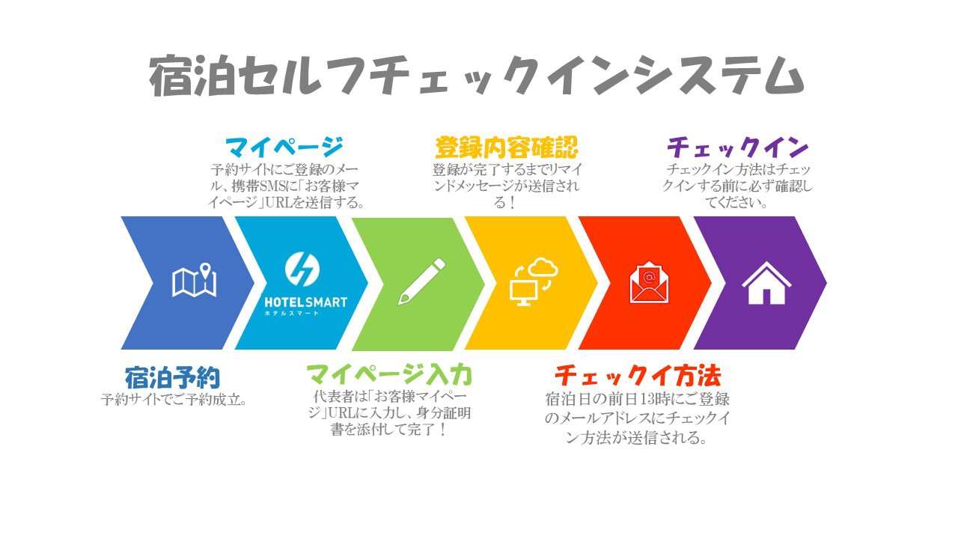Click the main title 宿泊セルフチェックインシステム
pyautogui.click(x=477, y=76)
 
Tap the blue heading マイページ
pyautogui.click(x=284, y=147)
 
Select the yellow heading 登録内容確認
pyautogui.click(x=507, y=147)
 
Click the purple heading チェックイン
pyautogui.click(x=738, y=147)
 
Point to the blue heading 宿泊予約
pyautogui.click(x=172, y=378)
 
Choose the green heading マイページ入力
pyautogui.click(x=389, y=375)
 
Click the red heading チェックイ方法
pyautogui.click(x=638, y=376)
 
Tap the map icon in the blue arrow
pyautogui.click(x=194, y=280)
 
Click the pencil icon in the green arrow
pyautogui.click(x=421, y=281)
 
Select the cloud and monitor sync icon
pyautogui.click(x=534, y=281)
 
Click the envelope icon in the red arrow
pyautogui.click(x=649, y=281)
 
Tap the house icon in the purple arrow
pyautogui.click(x=766, y=283)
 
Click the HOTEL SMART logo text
pyautogui.click(x=306, y=302)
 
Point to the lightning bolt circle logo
pyautogui.click(x=302, y=269)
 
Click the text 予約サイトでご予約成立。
pyautogui.click(x=174, y=400)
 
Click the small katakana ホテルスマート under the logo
pyautogui.click(x=292, y=314)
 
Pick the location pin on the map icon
pyautogui.click(x=206, y=270)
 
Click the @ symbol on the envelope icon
pyautogui.click(x=649, y=277)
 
